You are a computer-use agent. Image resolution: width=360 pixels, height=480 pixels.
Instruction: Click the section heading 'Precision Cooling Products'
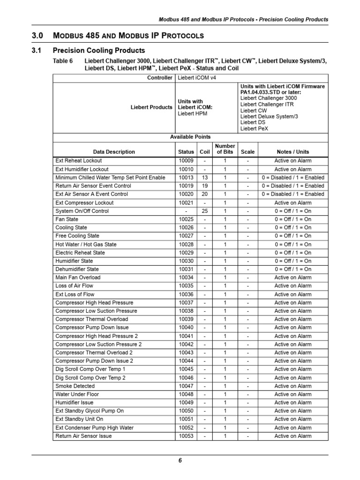(x=99, y=50)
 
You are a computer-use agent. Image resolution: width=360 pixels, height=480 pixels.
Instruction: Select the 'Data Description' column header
(x=114, y=152)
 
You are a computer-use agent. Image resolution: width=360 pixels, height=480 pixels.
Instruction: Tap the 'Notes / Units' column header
(x=292, y=152)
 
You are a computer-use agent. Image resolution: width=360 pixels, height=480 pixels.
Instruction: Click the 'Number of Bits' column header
(x=225, y=149)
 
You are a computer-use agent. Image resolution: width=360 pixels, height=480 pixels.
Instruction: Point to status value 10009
(x=186, y=161)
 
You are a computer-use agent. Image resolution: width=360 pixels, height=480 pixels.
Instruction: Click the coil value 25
(x=204, y=211)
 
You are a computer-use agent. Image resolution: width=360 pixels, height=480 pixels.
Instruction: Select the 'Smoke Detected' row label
(x=75, y=386)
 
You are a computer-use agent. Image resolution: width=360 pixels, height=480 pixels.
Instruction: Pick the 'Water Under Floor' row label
(x=77, y=394)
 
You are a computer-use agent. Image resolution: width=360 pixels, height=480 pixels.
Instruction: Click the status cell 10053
(x=186, y=436)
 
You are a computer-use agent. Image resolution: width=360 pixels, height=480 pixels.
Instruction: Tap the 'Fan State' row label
(x=67, y=219)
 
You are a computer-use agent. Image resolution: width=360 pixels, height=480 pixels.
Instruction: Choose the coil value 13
(x=204, y=178)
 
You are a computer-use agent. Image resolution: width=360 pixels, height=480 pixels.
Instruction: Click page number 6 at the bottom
(x=180, y=460)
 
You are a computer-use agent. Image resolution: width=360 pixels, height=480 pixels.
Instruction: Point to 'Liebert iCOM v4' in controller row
(x=197, y=78)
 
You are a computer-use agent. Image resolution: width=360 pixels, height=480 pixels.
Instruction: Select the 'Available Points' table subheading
(x=190, y=137)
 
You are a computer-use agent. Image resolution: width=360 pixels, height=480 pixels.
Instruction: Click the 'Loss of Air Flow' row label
(x=74, y=286)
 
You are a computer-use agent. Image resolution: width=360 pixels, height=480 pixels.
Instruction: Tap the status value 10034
(x=186, y=277)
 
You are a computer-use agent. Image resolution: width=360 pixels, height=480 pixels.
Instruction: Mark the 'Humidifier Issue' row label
(x=75, y=403)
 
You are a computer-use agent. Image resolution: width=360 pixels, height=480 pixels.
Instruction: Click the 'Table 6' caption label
(x=63, y=61)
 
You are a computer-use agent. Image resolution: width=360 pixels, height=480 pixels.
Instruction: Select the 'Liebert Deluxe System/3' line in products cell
(x=269, y=116)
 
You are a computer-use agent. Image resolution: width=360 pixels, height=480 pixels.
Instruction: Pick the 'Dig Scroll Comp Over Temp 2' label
(x=90, y=378)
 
